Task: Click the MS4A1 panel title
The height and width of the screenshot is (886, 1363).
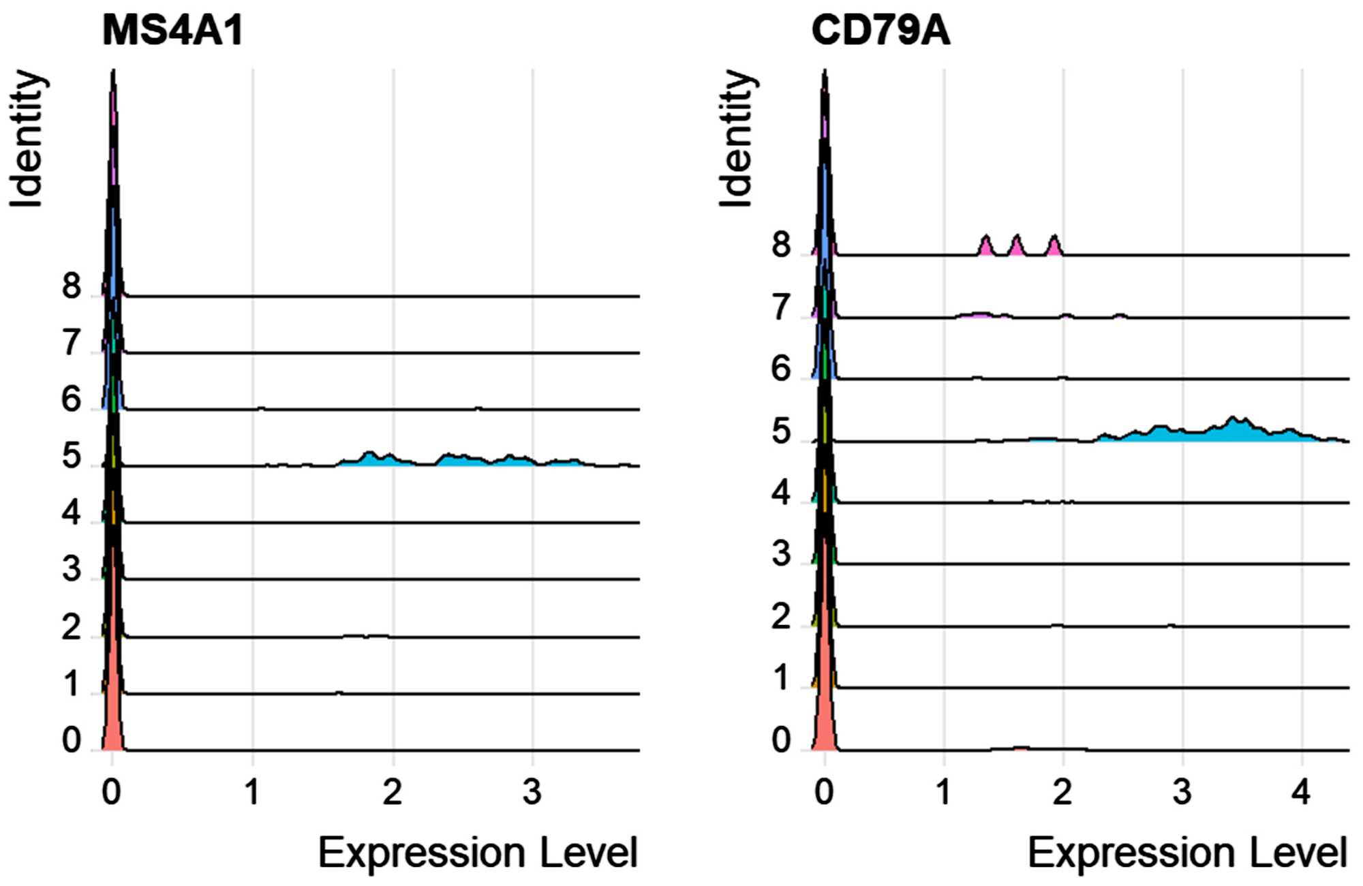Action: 172,31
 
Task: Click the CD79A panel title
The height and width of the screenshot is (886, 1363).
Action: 880,31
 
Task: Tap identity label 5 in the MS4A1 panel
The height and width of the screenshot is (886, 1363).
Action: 72,456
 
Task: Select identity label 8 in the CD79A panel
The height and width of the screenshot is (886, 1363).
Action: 781,245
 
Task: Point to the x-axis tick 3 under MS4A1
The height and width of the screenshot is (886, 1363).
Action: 532,792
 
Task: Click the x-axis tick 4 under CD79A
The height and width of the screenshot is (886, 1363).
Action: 1301,792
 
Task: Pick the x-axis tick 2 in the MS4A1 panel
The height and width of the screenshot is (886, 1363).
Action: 392,792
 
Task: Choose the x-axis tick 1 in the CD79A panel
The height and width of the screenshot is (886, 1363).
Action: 943,792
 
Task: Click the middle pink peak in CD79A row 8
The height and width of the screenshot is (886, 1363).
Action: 1017,246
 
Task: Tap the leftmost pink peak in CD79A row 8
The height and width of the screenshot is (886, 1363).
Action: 985,246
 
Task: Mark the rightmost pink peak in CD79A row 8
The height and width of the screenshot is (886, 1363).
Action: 1054,246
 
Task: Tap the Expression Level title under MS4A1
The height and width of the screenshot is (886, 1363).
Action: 478,853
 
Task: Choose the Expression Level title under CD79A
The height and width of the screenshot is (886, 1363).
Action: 1187,853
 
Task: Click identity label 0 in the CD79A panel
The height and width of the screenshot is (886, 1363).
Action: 781,739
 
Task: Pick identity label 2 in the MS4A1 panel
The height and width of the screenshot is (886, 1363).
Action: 72,627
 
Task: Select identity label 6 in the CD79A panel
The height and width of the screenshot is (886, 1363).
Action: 781,369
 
